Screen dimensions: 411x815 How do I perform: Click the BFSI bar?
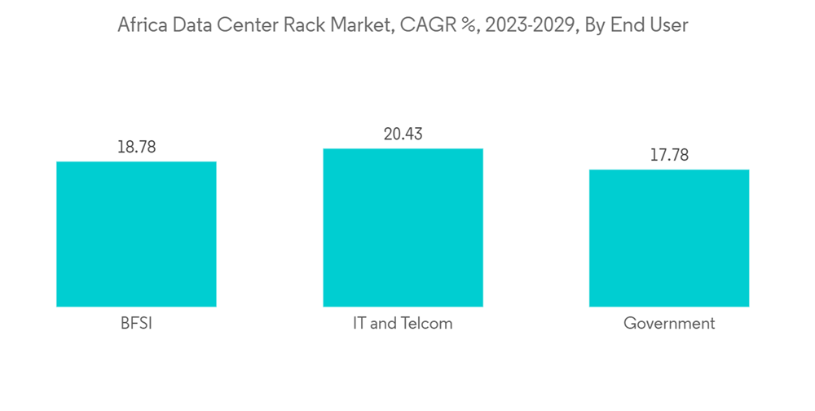(x=136, y=234)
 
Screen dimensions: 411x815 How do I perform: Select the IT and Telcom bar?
(x=403, y=228)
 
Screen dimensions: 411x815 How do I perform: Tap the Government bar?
(x=669, y=238)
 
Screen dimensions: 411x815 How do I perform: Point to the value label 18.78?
(x=136, y=148)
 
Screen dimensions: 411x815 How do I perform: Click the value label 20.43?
(x=403, y=135)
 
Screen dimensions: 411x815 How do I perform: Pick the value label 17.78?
(x=669, y=156)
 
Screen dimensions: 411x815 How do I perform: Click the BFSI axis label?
(x=136, y=324)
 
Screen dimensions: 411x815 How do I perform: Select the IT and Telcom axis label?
(x=403, y=324)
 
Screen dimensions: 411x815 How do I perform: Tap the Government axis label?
(x=669, y=324)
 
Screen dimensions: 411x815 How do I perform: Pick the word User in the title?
(x=668, y=25)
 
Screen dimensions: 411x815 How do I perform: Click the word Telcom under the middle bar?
(x=425, y=324)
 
